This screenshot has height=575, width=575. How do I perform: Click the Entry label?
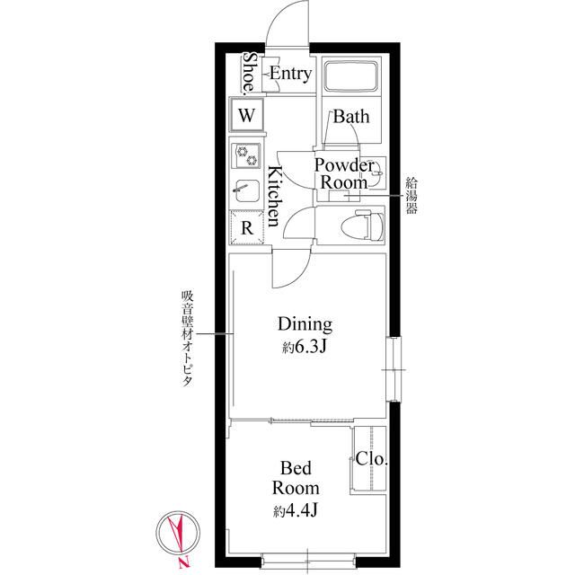coord(291,74)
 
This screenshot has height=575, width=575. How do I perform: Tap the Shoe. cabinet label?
coord(250,72)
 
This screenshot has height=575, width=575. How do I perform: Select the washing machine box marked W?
coord(247,115)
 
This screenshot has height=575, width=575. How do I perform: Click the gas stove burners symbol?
coord(247,155)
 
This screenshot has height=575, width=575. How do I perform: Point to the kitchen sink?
coord(247,190)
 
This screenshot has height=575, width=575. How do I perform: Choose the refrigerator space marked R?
coord(247,227)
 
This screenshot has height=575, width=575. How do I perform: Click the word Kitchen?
coord(275,196)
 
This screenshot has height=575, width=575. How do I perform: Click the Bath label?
coord(351,117)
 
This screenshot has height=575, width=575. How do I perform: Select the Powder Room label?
coord(344,173)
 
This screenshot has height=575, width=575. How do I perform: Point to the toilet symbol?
coord(362,225)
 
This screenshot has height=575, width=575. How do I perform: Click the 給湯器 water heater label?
coord(411,196)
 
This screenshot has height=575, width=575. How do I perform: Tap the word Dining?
coord(305,325)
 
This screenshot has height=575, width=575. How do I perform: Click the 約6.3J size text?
coord(305,347)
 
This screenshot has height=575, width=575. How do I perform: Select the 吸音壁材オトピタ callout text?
coord(188,339)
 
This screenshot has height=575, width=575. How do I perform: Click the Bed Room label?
coord(296,478)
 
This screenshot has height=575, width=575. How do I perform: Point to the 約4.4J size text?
coord(296,510)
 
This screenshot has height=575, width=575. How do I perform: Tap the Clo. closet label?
coord(371,459)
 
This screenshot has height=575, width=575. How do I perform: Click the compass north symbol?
coord(178,534)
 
